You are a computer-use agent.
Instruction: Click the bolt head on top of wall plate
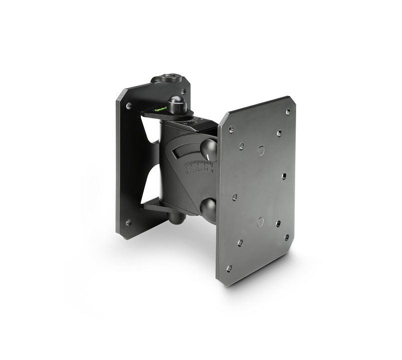click(165, 78)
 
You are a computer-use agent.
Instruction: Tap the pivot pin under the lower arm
click(174, 218)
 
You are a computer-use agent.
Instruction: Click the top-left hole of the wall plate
click(129, 106)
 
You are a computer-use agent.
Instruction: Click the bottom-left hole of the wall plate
click(128, 223)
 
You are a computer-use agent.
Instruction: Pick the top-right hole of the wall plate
click(183, 91)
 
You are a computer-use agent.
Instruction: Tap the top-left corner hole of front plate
click(231, 129)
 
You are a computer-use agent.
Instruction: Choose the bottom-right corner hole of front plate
click(287, 237)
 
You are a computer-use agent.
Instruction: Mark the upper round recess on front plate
click(260, 149)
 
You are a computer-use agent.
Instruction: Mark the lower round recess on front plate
click(260, 221)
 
